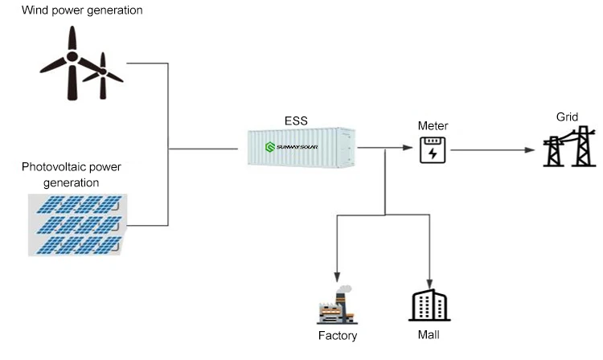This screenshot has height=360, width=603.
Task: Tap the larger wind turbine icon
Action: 71,60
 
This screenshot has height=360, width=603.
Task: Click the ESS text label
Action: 296,121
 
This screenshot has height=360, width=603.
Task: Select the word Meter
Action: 433,126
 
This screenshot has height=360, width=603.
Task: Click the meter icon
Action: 433,149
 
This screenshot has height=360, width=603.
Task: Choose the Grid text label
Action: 567,117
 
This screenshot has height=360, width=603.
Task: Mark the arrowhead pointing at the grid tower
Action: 531,149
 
